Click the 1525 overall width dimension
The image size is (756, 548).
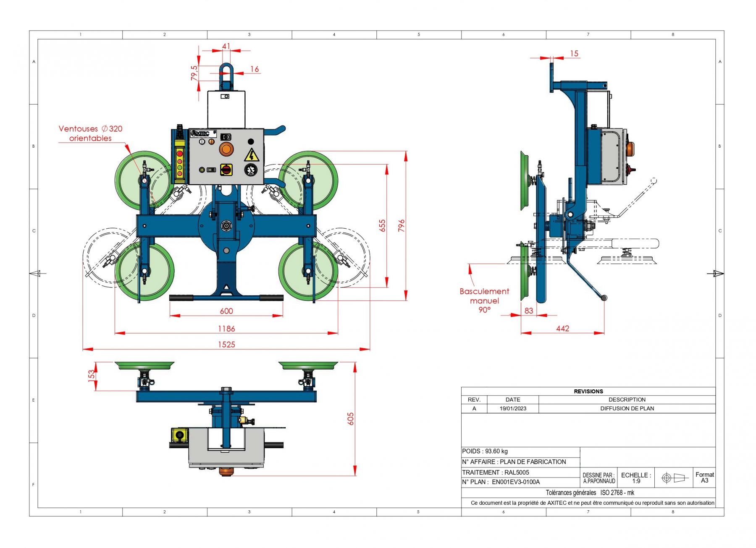coord(226,344)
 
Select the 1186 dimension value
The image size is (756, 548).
coord(226,329)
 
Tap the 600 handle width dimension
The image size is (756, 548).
coord(226,311)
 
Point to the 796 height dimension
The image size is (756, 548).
coord(402,226)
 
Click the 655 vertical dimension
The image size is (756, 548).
coord(382,226)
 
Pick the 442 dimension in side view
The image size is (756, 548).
coord(562,329)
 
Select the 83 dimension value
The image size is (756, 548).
coord(529,311)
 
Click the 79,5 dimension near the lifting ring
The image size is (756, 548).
coord(194,73)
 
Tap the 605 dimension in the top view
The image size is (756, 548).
coord(351,419)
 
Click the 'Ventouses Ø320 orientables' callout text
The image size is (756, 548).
coord(90,133)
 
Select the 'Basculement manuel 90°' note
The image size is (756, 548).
coord(484,300)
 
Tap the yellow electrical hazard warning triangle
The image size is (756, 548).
coord(251,155)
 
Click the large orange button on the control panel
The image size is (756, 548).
coord(226,149)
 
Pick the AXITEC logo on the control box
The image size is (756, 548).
coord(201,133)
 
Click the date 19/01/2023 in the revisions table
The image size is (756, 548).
coord(513,409)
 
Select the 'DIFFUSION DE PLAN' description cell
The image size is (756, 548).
coord(627,409)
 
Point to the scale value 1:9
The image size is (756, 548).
coord(636,481)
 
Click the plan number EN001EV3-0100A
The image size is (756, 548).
coord(516,482)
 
